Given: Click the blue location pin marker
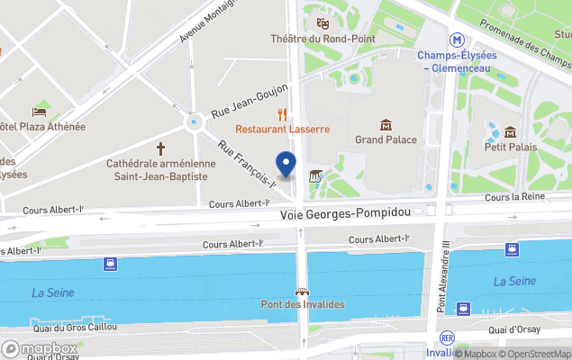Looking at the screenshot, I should pyautogui.click(x=286, y=165).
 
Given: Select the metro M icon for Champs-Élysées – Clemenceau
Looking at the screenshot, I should pyautogui.click(x=459, y=40).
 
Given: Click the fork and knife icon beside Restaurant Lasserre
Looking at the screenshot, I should pyautogui.click(x=283, y=114).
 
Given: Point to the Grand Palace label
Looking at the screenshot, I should pyautogui.click(x=386, y=139).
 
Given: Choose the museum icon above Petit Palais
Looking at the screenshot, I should pyautogui.click(x=510, y=131).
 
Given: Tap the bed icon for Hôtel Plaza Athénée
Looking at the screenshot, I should pyautogui.click(x=40, y=112).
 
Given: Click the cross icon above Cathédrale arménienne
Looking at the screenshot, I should pyautogui.click(x=161, y=147).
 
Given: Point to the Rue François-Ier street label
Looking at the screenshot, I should pyautogui.click(x=247, y=164).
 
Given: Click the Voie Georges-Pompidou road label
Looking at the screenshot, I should pyautogui.click(x=345, y=214).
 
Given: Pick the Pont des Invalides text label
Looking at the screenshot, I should pyautogui.click(x=303, y=304).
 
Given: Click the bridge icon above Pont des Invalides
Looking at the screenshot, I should pyautogui.click(x=303, y=291).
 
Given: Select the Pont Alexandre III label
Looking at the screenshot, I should pyautogui.click(x=442, y=275).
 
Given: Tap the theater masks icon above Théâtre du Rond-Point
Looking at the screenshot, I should pyautogui.click(x=321, y=22).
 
